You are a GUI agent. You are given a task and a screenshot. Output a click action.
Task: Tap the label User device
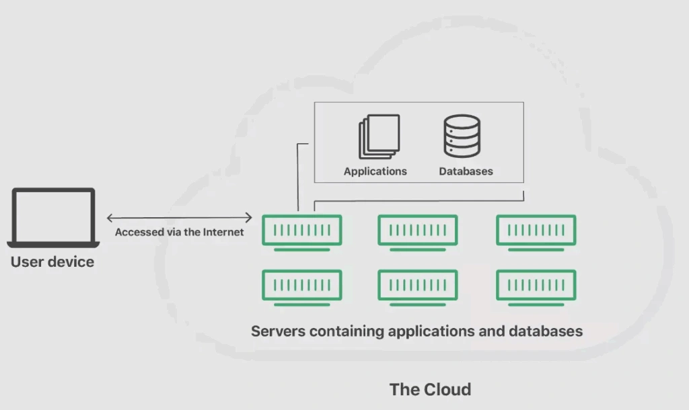click(52, 262)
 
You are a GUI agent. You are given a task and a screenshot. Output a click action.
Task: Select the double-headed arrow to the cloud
click(179, 217)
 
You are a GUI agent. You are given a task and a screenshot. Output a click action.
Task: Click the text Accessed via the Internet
click(179, 233)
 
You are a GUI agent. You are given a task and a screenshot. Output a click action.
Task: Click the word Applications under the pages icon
click(375, 171)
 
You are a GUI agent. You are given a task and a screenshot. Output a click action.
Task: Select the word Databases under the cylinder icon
click(466, 171)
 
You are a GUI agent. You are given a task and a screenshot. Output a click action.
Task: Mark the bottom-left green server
click(302, 286)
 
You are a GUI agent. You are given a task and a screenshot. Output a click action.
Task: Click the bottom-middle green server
click(418, 286)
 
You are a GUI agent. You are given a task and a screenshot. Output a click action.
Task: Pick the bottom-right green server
click(536, 286)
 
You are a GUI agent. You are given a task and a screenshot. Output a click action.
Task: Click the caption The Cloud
click(431, 389)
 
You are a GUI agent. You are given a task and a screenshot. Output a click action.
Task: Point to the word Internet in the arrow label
click(223, 233)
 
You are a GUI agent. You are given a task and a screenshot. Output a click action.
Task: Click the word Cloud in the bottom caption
click(447, 389)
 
